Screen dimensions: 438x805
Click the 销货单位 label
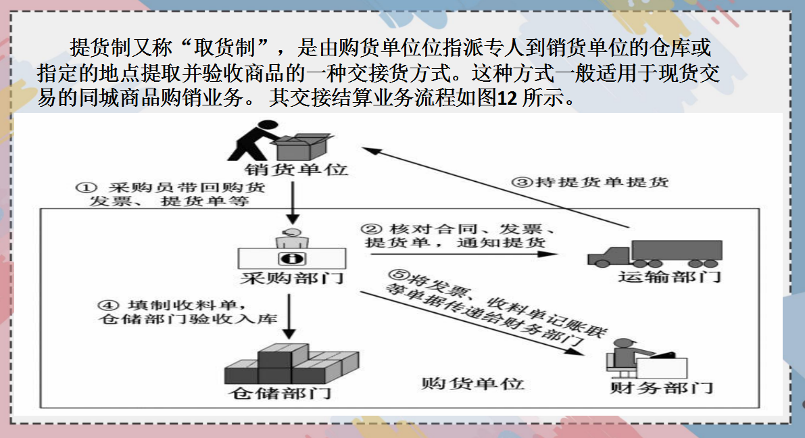(297, 169)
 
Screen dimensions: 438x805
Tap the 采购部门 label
(291, 278)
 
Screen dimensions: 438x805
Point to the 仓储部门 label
(278, 393)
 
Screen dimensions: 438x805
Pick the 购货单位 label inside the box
(472, 383)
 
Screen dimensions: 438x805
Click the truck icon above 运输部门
(654, 253)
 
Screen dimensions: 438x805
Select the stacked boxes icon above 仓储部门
(292, 366)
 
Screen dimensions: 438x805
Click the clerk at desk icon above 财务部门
(648, 359)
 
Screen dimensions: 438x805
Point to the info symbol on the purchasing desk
(292, 258)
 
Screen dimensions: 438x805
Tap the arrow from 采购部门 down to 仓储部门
(289, 318)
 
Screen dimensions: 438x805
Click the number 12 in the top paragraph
(507, 99)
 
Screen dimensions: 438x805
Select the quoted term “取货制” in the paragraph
(228, 48)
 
